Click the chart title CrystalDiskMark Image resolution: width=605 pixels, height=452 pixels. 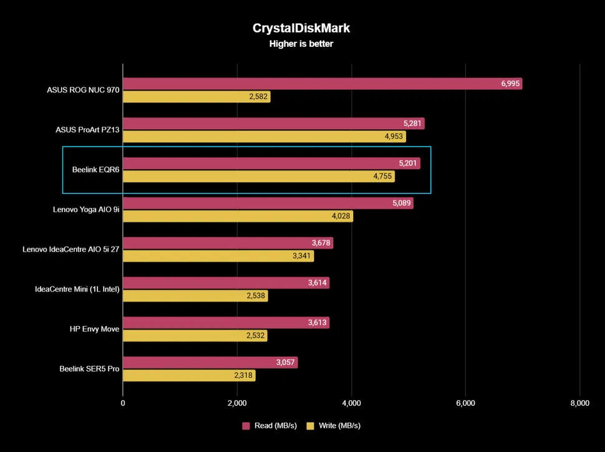[x=302, y=28]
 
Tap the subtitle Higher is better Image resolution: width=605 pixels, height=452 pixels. [x=302, y=44]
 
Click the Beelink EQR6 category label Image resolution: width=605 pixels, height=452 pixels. [x=95, y=170]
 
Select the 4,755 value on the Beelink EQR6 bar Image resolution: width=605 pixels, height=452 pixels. [x=382, y=176]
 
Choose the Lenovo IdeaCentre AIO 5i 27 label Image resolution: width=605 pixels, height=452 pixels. [x=70, y=249]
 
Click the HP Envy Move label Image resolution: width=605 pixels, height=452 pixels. [x=94, y=329]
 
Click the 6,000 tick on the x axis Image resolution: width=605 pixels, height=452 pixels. [x=465, y=403]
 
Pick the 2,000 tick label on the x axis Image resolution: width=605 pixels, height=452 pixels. [x=237, y=403]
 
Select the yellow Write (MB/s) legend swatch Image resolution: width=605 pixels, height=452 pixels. [x=310, y=426]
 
